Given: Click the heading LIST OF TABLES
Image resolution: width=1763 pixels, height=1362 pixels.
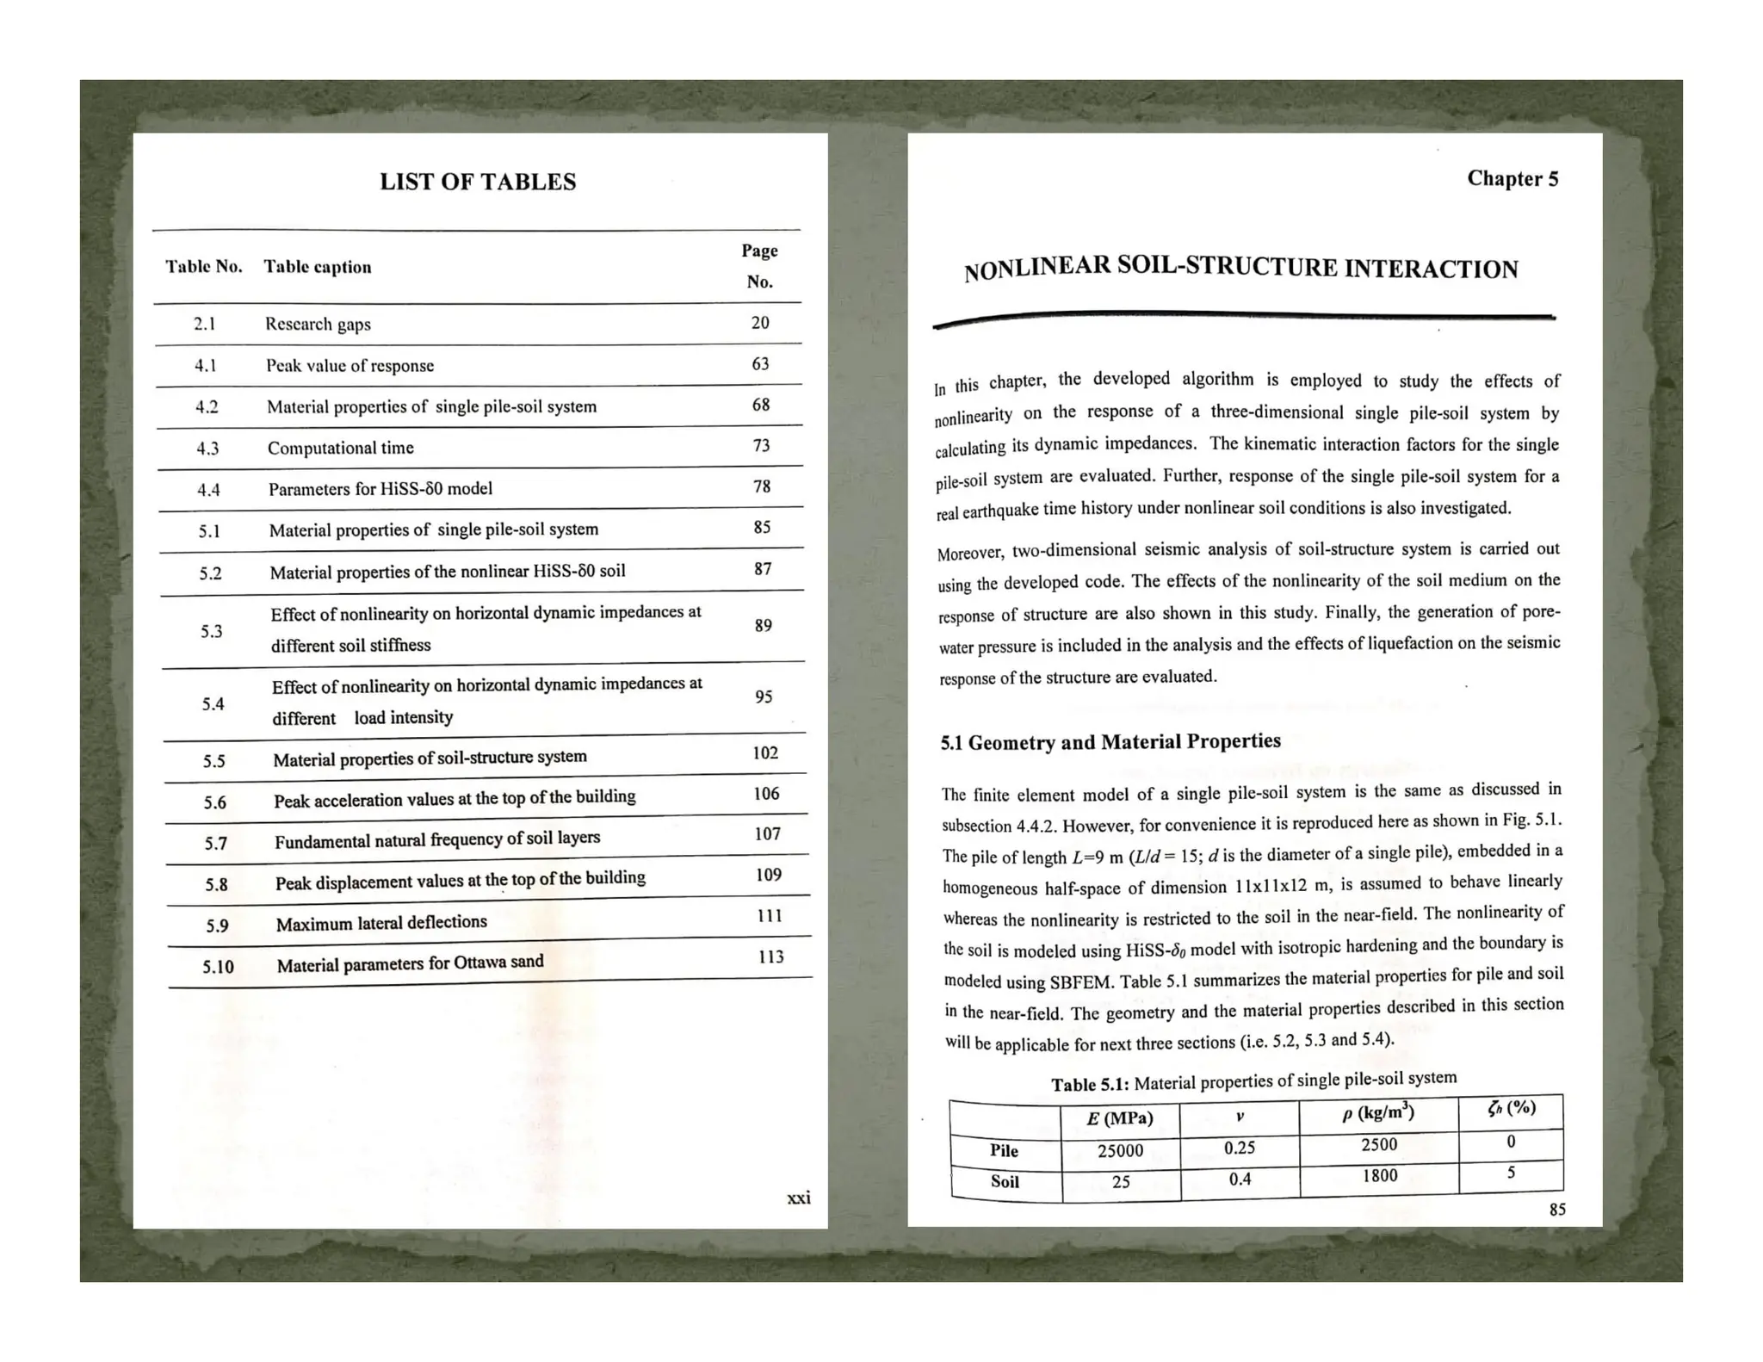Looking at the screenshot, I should coord(478,182).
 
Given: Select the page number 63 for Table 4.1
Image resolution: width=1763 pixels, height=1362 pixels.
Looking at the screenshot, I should coord(760,363).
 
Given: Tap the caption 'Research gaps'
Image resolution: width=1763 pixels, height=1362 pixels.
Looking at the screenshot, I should coord(318,324).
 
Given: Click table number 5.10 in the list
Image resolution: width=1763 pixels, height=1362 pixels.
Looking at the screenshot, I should coord(218,966).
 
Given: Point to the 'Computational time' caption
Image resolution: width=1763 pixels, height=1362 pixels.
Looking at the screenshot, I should coord(340,448).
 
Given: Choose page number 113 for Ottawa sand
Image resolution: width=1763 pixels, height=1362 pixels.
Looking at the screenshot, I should coord(770,956).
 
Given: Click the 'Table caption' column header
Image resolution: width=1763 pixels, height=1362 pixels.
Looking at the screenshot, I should coord(318,267).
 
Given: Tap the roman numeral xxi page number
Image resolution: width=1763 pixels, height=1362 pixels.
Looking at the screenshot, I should coord(798,1198).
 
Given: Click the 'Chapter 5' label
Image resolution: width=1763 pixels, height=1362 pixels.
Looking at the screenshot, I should coord(1512,178).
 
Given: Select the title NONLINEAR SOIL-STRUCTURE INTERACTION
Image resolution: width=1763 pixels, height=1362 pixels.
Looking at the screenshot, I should coord(1240,268).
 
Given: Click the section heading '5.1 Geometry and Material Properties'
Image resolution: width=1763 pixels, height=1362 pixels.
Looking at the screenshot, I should coord(1110,741).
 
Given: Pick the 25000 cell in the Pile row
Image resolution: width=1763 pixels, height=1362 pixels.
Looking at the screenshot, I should coord(1120,1150).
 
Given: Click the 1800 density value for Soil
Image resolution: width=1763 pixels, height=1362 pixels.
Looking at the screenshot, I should coord(1379,1175).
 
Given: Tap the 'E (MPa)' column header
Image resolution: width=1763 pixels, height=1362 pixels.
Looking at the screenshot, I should coord(1119,1118).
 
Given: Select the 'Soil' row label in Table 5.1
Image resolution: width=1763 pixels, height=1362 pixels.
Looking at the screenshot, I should coord(1005,1181).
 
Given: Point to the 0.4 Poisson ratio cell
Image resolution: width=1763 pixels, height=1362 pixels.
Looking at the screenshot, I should coord(1240,1179).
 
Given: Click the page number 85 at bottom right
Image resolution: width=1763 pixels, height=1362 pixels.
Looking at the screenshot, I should coord(1557,1210).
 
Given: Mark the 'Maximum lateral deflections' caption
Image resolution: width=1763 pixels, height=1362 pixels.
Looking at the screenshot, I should coord(381,923).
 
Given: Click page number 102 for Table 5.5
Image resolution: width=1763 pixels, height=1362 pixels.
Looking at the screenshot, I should coord(765,752).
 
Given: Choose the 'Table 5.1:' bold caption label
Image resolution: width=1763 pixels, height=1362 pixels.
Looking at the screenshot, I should coord(1090,1084).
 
